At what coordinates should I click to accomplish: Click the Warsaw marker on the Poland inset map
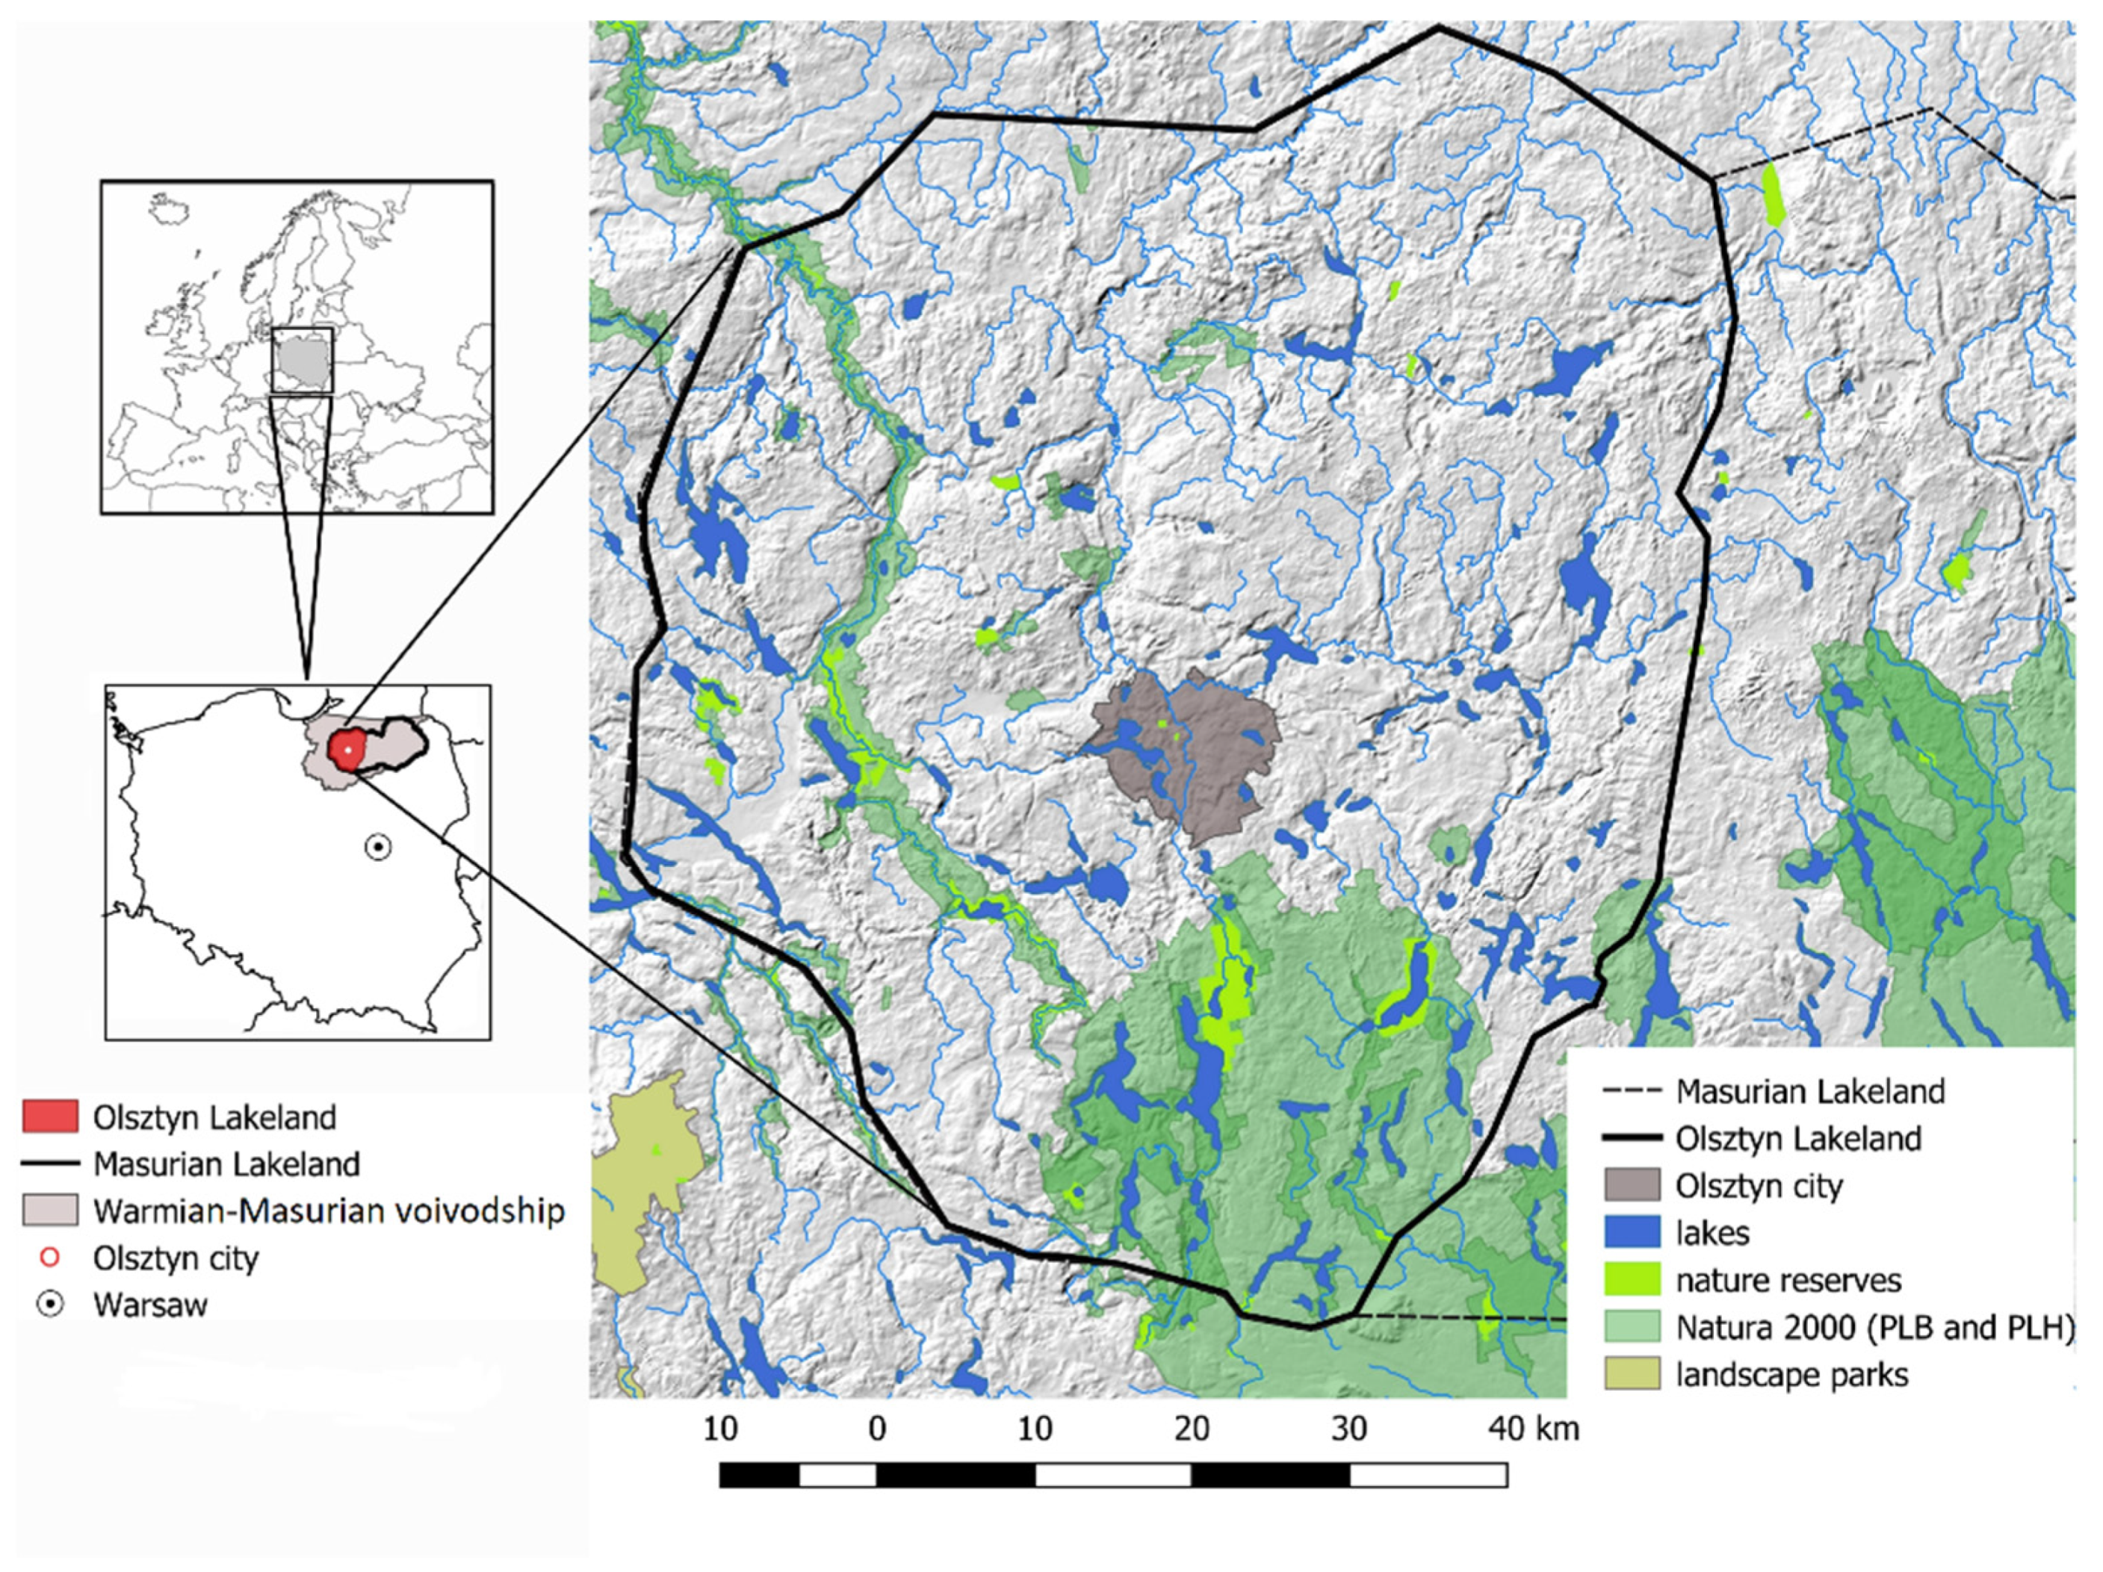click(378, 847)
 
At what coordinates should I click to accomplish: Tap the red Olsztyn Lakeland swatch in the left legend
click(50, 1116)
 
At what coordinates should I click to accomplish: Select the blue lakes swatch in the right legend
click(1632, 1233)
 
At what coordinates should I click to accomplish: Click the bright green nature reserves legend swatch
click(1632, 1279)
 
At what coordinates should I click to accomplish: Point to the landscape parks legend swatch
click(1632, 1374)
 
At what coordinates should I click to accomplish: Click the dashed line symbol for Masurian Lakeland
click(1632, 1091)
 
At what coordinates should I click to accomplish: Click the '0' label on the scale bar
click(876, 1429)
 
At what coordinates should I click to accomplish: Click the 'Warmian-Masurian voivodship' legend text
click(329, 1211)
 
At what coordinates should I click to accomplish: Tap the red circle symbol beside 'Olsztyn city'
click(50, 1258)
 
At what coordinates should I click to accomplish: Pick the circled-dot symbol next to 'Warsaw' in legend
click(50, 1304)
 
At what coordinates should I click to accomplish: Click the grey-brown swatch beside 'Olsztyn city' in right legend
click(1632, 1185)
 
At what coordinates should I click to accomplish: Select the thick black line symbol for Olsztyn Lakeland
click(1632, 1137)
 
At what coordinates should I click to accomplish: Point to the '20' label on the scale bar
click(1192, 1429)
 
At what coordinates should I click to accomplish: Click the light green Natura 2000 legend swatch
click(1632, 1327)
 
